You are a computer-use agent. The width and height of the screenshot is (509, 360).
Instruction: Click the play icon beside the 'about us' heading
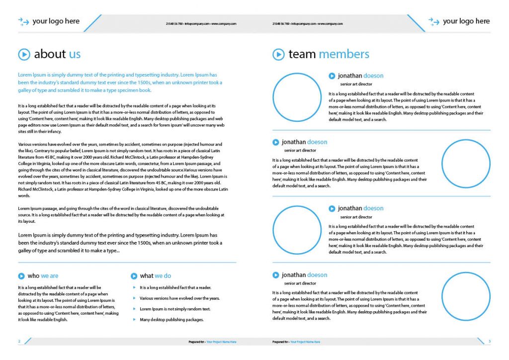(x=24, y=54)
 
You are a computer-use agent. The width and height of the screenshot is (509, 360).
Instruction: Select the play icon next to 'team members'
(x=278, y=54)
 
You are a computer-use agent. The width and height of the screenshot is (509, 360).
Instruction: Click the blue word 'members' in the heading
(x=344, y=54)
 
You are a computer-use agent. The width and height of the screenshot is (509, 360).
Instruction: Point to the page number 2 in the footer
(x=19, y=342)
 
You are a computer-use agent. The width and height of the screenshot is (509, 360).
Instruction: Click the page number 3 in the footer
(x=490, y=342)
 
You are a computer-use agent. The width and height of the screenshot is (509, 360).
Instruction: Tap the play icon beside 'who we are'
(x=21, y=276)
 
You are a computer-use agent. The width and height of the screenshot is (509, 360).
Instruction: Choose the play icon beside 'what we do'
(x=134, y=276)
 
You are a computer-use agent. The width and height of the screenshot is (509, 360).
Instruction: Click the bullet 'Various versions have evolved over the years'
(x=179, y=298)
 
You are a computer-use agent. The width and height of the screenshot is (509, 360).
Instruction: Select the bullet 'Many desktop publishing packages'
(x=171, y=320)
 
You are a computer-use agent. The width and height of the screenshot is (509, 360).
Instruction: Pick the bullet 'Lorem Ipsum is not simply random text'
(x=175, y=309)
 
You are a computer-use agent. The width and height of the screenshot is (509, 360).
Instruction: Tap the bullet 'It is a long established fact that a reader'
(x=175, y=287)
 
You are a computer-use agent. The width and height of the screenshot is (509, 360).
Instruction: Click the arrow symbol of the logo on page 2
(x=23, y=21)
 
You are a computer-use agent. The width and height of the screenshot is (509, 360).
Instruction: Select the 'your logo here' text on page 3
(x=466, y=21)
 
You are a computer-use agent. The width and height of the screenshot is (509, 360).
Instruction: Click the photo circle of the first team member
(x=297, y=97)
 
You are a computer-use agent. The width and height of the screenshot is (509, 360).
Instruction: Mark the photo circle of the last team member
(x=466, y=296)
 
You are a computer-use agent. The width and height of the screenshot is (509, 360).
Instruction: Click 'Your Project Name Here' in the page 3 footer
(x=305, y=342)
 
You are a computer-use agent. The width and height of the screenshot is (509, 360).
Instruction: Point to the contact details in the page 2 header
(x=201, y=23)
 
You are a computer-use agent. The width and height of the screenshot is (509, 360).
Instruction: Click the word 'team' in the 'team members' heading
(x=302, y=54)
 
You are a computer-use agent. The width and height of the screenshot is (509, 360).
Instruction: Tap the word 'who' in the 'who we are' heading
(x=33, y=276)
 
